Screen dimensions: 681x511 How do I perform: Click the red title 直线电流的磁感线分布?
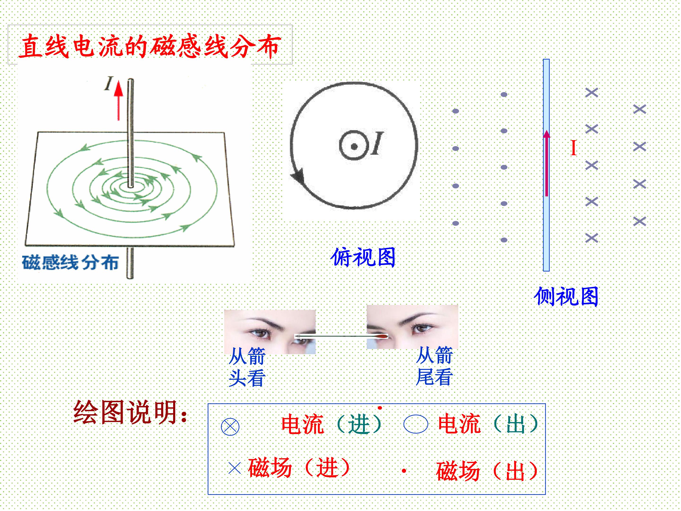coord(150,46)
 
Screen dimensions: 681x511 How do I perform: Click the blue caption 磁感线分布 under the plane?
coord(70,263)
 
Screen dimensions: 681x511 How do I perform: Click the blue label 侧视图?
coord(566,296)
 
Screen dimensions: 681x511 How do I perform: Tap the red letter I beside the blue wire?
coord(573,148)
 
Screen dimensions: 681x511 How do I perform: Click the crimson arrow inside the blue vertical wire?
coord(546,163)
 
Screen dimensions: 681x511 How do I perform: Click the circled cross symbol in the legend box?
coord(230,426)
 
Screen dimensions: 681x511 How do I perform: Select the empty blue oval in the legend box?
coord(416,424)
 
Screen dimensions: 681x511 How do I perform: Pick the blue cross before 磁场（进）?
coord(235,468)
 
